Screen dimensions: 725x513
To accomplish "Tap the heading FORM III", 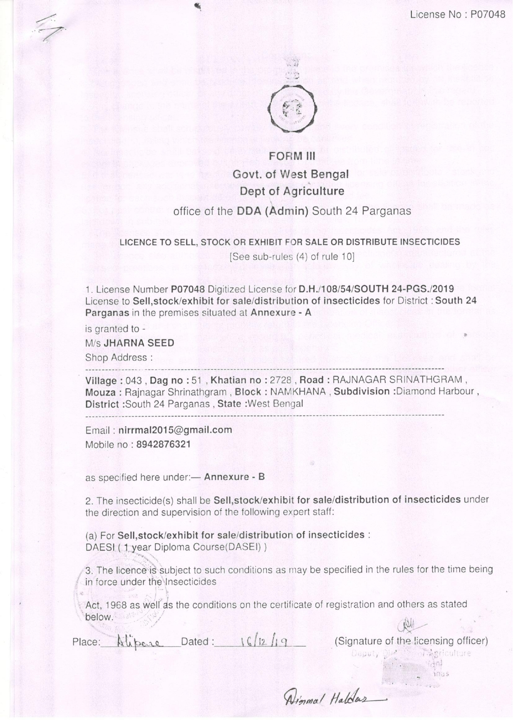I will [292, 157].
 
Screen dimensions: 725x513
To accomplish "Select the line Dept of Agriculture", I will [292, 191].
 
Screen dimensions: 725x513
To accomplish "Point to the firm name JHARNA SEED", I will [139, 343].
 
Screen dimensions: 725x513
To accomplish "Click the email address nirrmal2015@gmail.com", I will [175, 430].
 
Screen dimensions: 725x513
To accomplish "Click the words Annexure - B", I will [234, 477].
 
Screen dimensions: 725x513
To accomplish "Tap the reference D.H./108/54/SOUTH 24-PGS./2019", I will [376, 289].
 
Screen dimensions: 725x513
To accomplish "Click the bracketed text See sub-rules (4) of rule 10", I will [292, 256].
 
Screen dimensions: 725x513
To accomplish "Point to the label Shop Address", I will [116, 357].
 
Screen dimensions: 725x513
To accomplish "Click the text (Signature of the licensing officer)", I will [411, 641].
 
